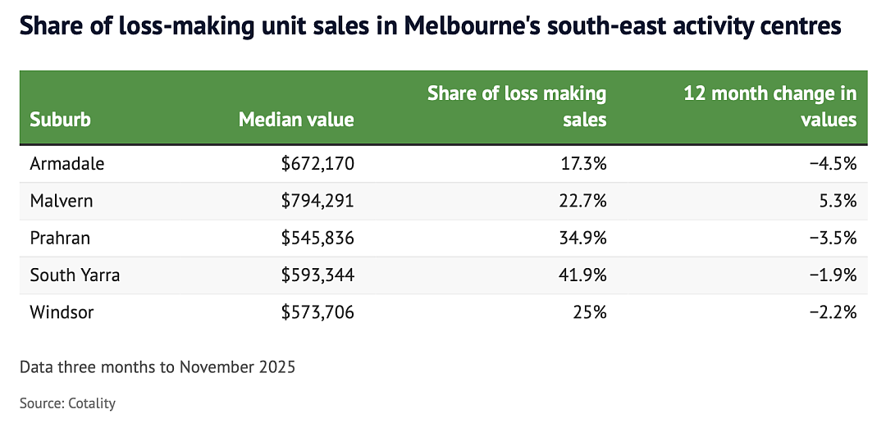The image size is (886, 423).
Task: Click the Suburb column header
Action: (x=61, y=120)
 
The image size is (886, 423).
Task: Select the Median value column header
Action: (x=297, y=120)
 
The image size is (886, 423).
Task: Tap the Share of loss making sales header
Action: (x=517, y=107)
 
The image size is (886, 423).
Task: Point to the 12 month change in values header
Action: (x=770, y=107)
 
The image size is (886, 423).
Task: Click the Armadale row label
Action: (x=67, y=164)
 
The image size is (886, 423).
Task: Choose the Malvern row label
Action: (x=61, y=201)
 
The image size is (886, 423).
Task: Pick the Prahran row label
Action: (x=60, y=239)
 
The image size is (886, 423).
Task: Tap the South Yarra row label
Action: (x=75, y=275)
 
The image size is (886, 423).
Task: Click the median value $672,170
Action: (x=318, y=164)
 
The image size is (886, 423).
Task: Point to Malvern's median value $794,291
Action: (x=318, y=201)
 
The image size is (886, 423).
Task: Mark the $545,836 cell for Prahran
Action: (x=318, y=239)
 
